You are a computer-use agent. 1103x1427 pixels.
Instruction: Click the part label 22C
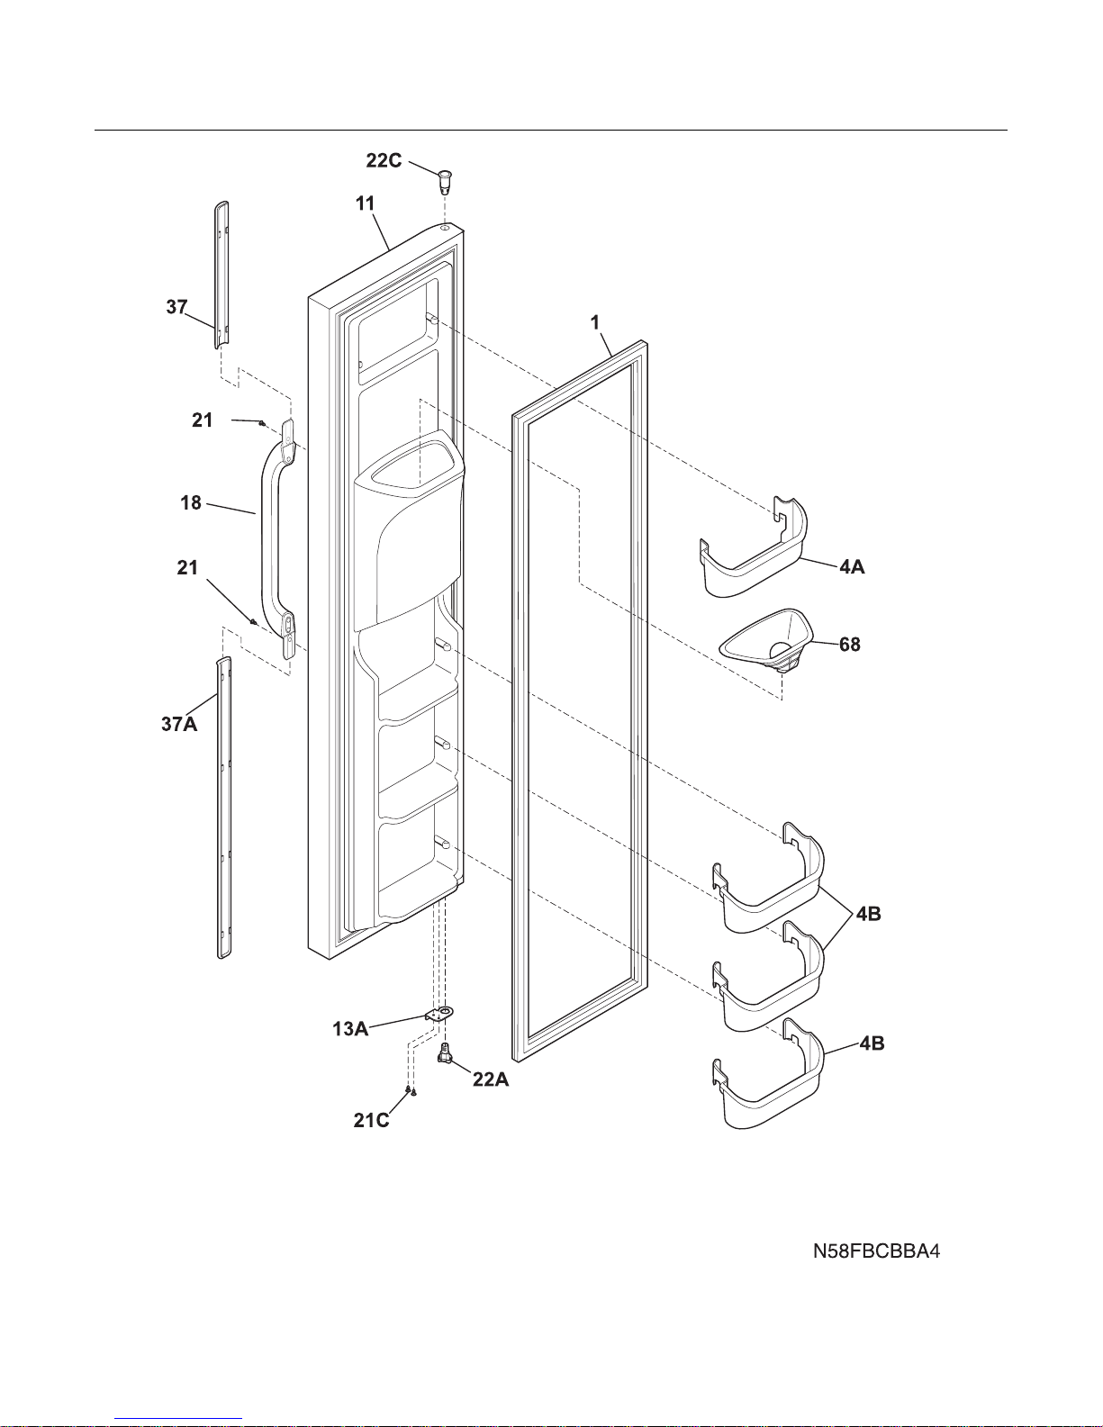(x=384, y=160)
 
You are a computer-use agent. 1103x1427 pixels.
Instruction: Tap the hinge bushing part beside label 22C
(x=444, y=179)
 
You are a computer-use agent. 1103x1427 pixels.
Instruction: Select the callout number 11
(x=365, y=203)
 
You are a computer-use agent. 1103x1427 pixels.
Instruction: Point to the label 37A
(x=178, y=724)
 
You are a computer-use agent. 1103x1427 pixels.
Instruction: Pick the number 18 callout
(x=191, y=502)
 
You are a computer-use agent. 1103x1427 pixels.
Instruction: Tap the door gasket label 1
(x=595, y=321)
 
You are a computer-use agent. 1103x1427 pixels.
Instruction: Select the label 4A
(x=852, y=567)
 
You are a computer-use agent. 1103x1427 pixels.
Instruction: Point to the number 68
(x=849, y=645)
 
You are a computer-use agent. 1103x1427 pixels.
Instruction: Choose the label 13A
(x=349, y=1028)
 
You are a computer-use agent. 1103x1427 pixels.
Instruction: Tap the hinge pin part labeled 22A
(x=445, y=1052)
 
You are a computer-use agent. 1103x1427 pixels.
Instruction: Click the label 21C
(x=371, y=1120)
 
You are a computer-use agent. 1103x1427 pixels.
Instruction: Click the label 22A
(x=491, y=1079)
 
